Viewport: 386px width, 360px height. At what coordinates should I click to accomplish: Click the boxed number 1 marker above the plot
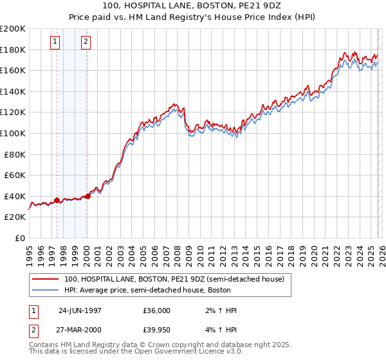pyautogui.click(x=55, y=42)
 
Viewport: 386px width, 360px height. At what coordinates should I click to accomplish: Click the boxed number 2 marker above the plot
pyautogui.click(x=86, y=42)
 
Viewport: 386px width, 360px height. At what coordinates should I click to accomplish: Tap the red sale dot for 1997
pyautogui.click(x=57, y=201)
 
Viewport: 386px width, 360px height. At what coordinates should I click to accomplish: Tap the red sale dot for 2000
pyautogui.click(x=88, y=196)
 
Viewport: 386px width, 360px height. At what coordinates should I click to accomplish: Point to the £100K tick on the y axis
pyautogui.click(x=14, y=133)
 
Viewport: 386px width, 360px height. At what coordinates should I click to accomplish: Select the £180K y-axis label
pyautogui.click(x=14, y=50)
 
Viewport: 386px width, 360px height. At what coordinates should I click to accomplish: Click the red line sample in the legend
pyautogui.click(x=46, y=280)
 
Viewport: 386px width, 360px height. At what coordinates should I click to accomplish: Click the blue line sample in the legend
pyautogui.click(x=46, y=290)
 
